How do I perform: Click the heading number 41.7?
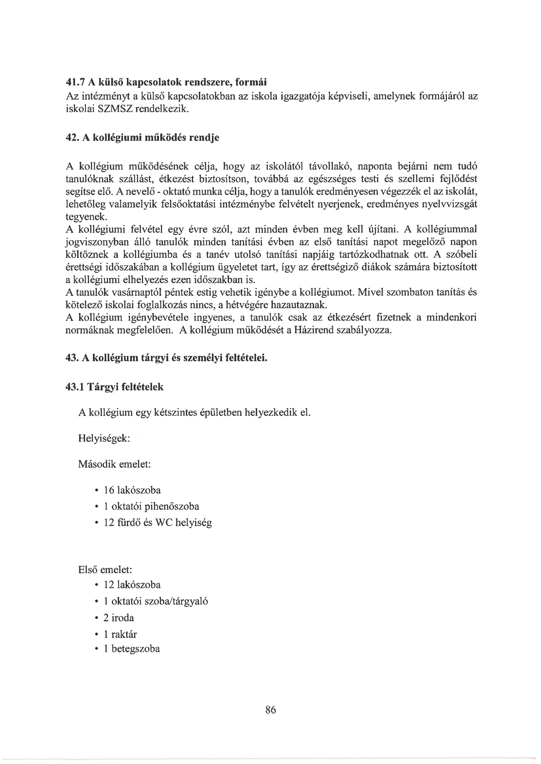[74, 81]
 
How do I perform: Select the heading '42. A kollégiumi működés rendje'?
[142, 138]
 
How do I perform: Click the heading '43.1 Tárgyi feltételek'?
[114, 387]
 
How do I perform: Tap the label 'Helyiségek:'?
[104, 438]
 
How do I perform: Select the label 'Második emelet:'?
[114, 464]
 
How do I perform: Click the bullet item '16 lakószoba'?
[132, 490]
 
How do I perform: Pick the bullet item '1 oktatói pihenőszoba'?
[151, 506]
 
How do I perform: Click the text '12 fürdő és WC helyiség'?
[158, 523]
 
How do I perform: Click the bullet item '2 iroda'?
[119, 618]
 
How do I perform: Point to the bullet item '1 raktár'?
[120, 634]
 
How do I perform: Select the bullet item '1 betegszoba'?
[131, 649]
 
